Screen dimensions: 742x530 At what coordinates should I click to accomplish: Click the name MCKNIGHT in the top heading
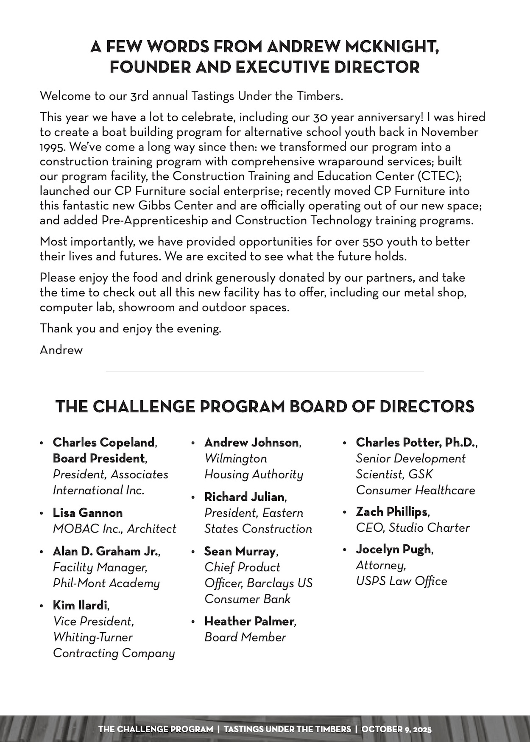click(392, 46)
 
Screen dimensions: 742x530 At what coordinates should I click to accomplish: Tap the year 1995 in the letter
click(53, 147)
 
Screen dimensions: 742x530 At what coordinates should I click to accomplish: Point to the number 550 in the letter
click(372, 242)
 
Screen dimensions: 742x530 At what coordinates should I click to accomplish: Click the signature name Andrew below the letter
click(61, 350)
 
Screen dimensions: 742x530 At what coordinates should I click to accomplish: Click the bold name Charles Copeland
click(104, 443)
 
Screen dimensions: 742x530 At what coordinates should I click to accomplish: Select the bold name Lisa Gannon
click(88, 513)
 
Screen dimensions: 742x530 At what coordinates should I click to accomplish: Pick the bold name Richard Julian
click(245, 497)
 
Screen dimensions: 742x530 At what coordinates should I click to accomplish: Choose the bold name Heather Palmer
click(249, 622)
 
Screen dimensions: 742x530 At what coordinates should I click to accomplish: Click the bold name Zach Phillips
click(392, 512)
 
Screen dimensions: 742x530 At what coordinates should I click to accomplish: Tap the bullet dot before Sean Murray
click(193, 552)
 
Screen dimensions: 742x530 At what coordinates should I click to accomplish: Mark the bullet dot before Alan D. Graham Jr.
click(42, 552)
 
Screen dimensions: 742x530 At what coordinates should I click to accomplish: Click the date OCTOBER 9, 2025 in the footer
click(396, 729)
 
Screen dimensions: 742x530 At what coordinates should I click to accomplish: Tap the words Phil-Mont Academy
click(106, 583)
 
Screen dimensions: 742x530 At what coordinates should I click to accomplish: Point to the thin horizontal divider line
click(265, 372)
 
